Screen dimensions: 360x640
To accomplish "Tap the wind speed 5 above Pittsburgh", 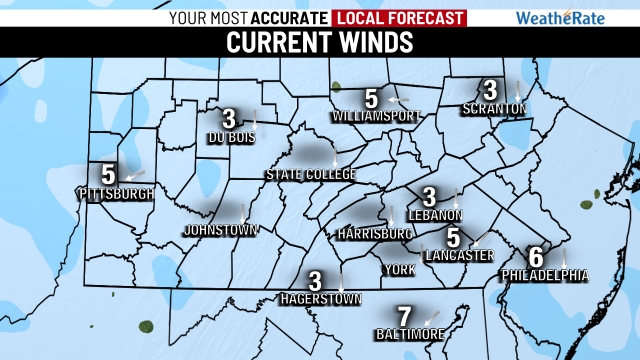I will tap(108, 172).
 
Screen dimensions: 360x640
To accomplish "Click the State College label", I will tap(311, 175).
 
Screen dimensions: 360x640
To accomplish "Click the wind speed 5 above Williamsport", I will tap(371, 99).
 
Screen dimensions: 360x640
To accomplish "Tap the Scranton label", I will tap(493, 108).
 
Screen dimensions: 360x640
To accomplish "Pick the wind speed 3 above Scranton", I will tap(490, 89).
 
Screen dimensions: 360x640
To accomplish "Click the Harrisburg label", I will tap(376, 234).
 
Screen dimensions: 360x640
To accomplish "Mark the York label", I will tap(400, 270).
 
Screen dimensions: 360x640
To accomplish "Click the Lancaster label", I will tap(458, 256).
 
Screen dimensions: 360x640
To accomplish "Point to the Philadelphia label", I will tap(544, 275).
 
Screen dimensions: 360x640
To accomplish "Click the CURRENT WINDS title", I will tap(319, 43).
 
